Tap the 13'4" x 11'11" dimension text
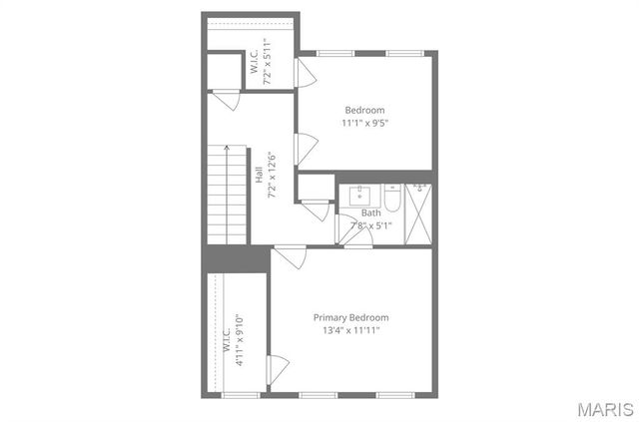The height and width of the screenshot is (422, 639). coord(350,330)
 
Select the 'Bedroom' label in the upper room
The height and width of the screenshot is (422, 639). coord(364,110)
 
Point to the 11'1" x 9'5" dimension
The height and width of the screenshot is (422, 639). coord(364,123)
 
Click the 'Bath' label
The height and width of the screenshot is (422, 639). coord(370,212)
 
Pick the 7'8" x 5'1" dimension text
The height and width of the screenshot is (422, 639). coord(370,225)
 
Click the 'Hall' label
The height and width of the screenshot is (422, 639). coord(259,175)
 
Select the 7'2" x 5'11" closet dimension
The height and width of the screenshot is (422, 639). coord(268,63)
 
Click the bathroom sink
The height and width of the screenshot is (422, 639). coord(361,194)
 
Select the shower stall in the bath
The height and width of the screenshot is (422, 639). coord(418,213)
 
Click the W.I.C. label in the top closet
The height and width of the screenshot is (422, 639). coord(255,63)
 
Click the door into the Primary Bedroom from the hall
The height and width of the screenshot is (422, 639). coord(290,255)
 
